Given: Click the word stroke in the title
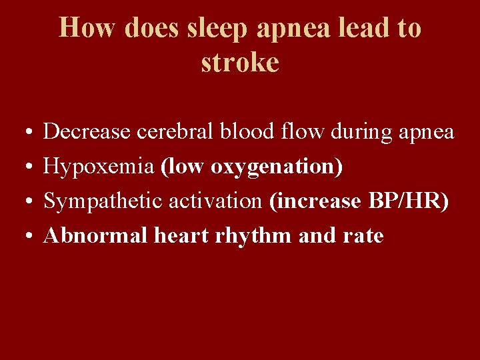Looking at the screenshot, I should tap(239, 63).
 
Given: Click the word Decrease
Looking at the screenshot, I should tap(87, 132).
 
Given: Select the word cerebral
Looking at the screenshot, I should tap(183, 132).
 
